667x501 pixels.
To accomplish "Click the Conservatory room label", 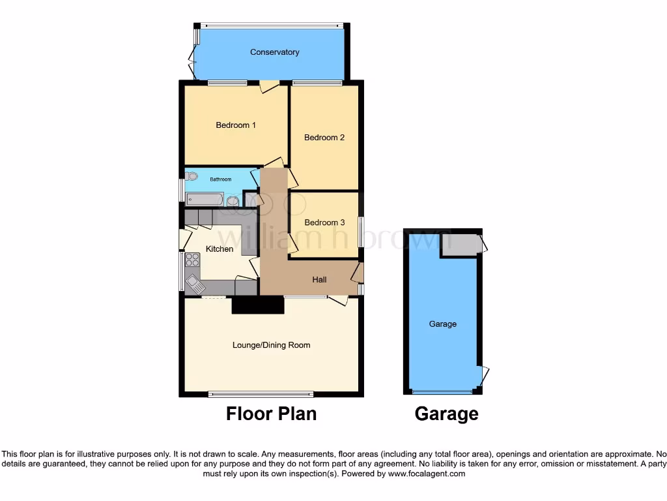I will [x=274, y=52].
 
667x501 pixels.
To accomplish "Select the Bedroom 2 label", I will [x=324, y=138].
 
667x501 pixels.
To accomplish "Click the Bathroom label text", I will [x=220, y=179].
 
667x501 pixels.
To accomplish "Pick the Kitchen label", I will [x=220, y=249].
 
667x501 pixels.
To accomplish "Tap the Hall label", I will [x=319, y=280].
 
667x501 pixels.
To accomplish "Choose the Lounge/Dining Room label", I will [x=271, y=345].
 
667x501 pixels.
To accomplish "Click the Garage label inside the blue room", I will [x=442, y=324].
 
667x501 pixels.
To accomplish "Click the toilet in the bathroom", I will [x=191, y=176].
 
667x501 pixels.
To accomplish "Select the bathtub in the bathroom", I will [x=205, y=199].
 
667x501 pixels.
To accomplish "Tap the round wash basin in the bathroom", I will [x=233, y=200].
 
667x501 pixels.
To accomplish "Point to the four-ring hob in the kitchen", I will [x=192, y=260].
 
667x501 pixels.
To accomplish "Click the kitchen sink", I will [x=194, y=283].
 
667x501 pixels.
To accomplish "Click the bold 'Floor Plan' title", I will [x=271, y=414].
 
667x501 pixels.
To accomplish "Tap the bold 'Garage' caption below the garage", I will [x=446, y=414].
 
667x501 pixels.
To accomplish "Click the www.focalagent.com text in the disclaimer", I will [x=426, y=474].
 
